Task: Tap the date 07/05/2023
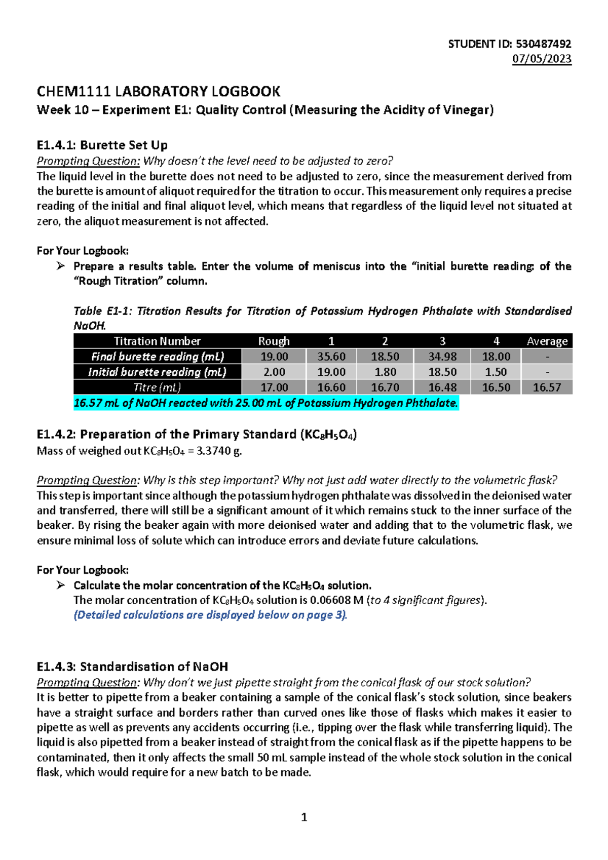[542, 59]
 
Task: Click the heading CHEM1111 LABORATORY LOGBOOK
[159, 92]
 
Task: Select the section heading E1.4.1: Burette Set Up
[102, 145]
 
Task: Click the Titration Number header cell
[157, 341]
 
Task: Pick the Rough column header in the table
[274, 341]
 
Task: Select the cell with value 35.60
[331, 357]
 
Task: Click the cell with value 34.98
[442, 357]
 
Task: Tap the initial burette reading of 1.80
[385, 372]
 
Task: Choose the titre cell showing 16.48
[442, 387]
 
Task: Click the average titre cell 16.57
[547, 387]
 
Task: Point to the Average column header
[547, 341]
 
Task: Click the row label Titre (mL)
[157, 387]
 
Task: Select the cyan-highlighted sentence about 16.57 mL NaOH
[266, 403]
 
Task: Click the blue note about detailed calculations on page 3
[210, 615]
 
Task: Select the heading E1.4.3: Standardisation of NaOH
[132, 667]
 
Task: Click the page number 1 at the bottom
[304, 817]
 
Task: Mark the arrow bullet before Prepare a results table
[61, 266]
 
